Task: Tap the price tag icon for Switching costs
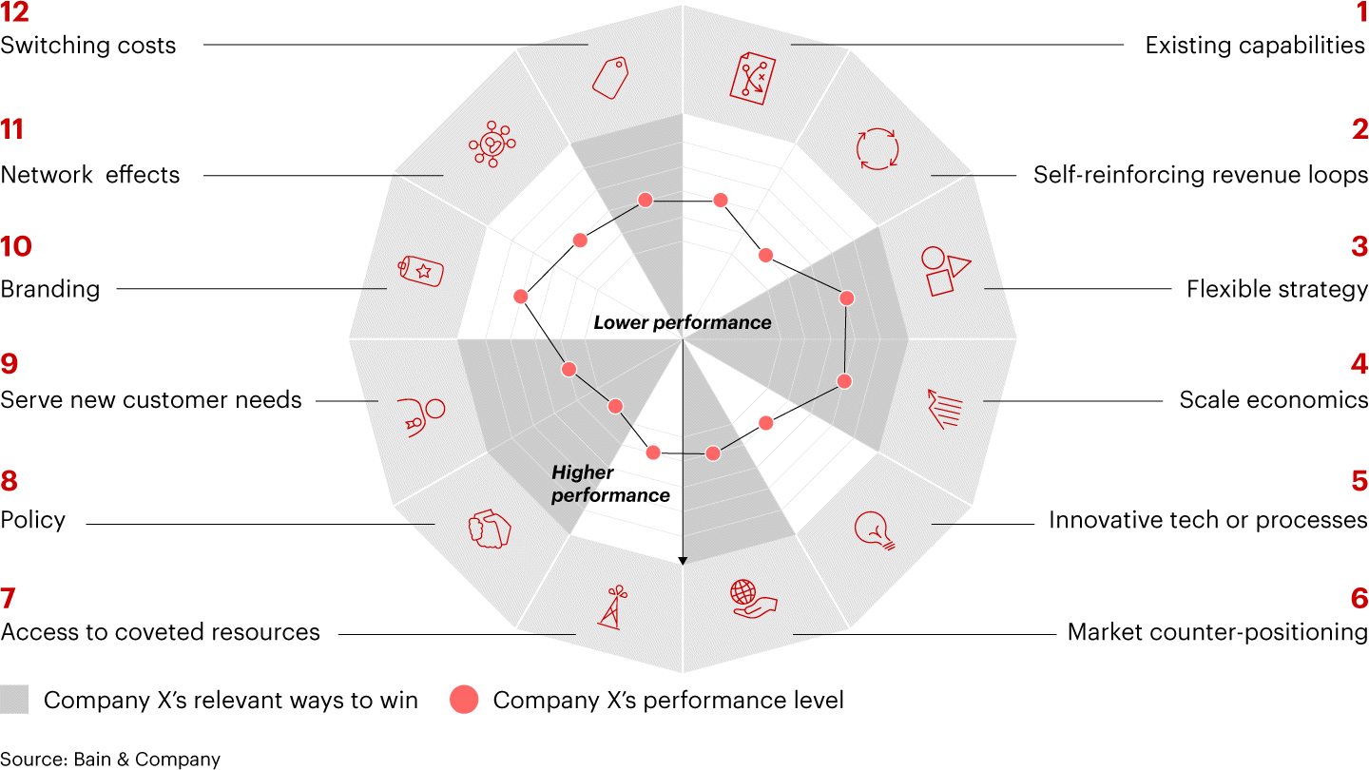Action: (x=610, y=77)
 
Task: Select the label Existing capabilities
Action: (x=1255, y=46)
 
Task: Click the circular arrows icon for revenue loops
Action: (x=877, y=148)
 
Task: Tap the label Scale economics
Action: (x=1274, y=400)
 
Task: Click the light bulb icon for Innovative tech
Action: (x=875, y=530)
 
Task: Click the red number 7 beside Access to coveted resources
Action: (x=9, y=599)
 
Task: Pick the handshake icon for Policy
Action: (x=489, y=529)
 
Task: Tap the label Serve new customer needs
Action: (x=151, y=400)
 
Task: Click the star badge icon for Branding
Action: (x=421, y=271)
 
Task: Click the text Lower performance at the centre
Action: (x=682, y=322)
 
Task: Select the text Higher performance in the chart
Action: (x=610, y=484)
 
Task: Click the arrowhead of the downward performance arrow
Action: (x=683, y=561)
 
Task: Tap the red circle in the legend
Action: (x=464, y=701)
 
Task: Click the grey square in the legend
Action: (x=14, y=701)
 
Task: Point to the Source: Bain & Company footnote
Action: (x=110, y=759)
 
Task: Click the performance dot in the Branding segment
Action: (x=520, y=297)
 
